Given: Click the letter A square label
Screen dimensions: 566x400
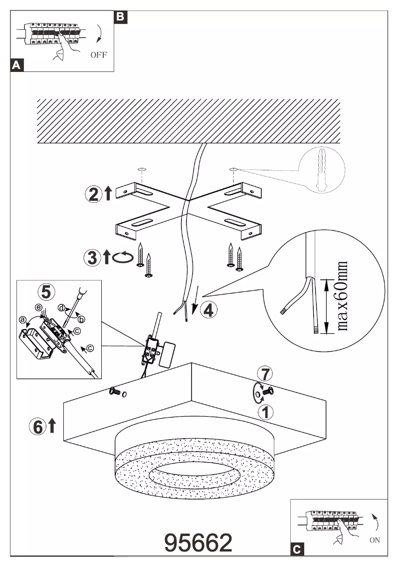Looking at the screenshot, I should pyautogui.click(x=16, y=65).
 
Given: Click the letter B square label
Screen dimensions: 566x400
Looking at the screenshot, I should pyautogui.click(x=121, y=16).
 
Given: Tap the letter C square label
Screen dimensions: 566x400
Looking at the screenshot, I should pyautogui.click(x=296, y=550).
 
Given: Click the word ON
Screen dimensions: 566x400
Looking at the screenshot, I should pyautogui.click(x=376, y=540).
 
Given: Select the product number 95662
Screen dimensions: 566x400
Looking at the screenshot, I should pyautogui.click(x=199, y=542).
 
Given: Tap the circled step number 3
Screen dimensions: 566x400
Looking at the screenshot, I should pyautogui.click(x=93, y=258).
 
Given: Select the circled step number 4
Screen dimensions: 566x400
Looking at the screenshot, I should pyautogui.click(x=208, y=310).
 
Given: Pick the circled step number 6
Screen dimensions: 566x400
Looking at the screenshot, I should pyautogui.click(x=36, y=426).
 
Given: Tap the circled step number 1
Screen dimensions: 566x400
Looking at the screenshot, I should pyautogui.click(x=265, y=412).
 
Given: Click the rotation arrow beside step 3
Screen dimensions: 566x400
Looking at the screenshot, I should pyautogui.click(x=124, y=257).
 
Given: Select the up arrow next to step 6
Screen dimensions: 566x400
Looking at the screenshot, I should pyautogui.click(x=52, y=426).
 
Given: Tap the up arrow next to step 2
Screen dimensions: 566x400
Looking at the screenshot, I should pyautogui.click(x=108, y=194).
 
